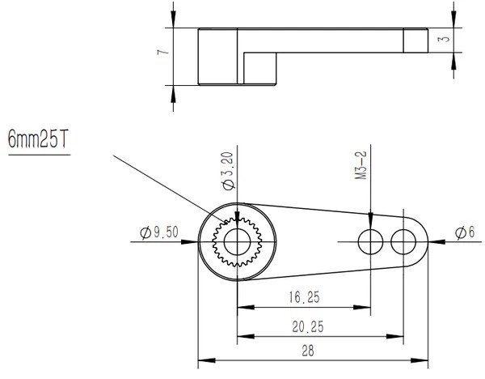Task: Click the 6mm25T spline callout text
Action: point(37,139)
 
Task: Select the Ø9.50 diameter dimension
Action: point(159,232)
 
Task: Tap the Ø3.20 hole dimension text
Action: point(227,170)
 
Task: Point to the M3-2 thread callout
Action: point(361,165)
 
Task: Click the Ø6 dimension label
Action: point(465,232)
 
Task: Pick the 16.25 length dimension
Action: point(305,297)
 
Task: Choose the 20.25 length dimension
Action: point(308,326)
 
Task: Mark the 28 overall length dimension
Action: point(308,351)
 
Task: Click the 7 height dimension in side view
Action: point(163,52)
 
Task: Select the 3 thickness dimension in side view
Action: point(445,39)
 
